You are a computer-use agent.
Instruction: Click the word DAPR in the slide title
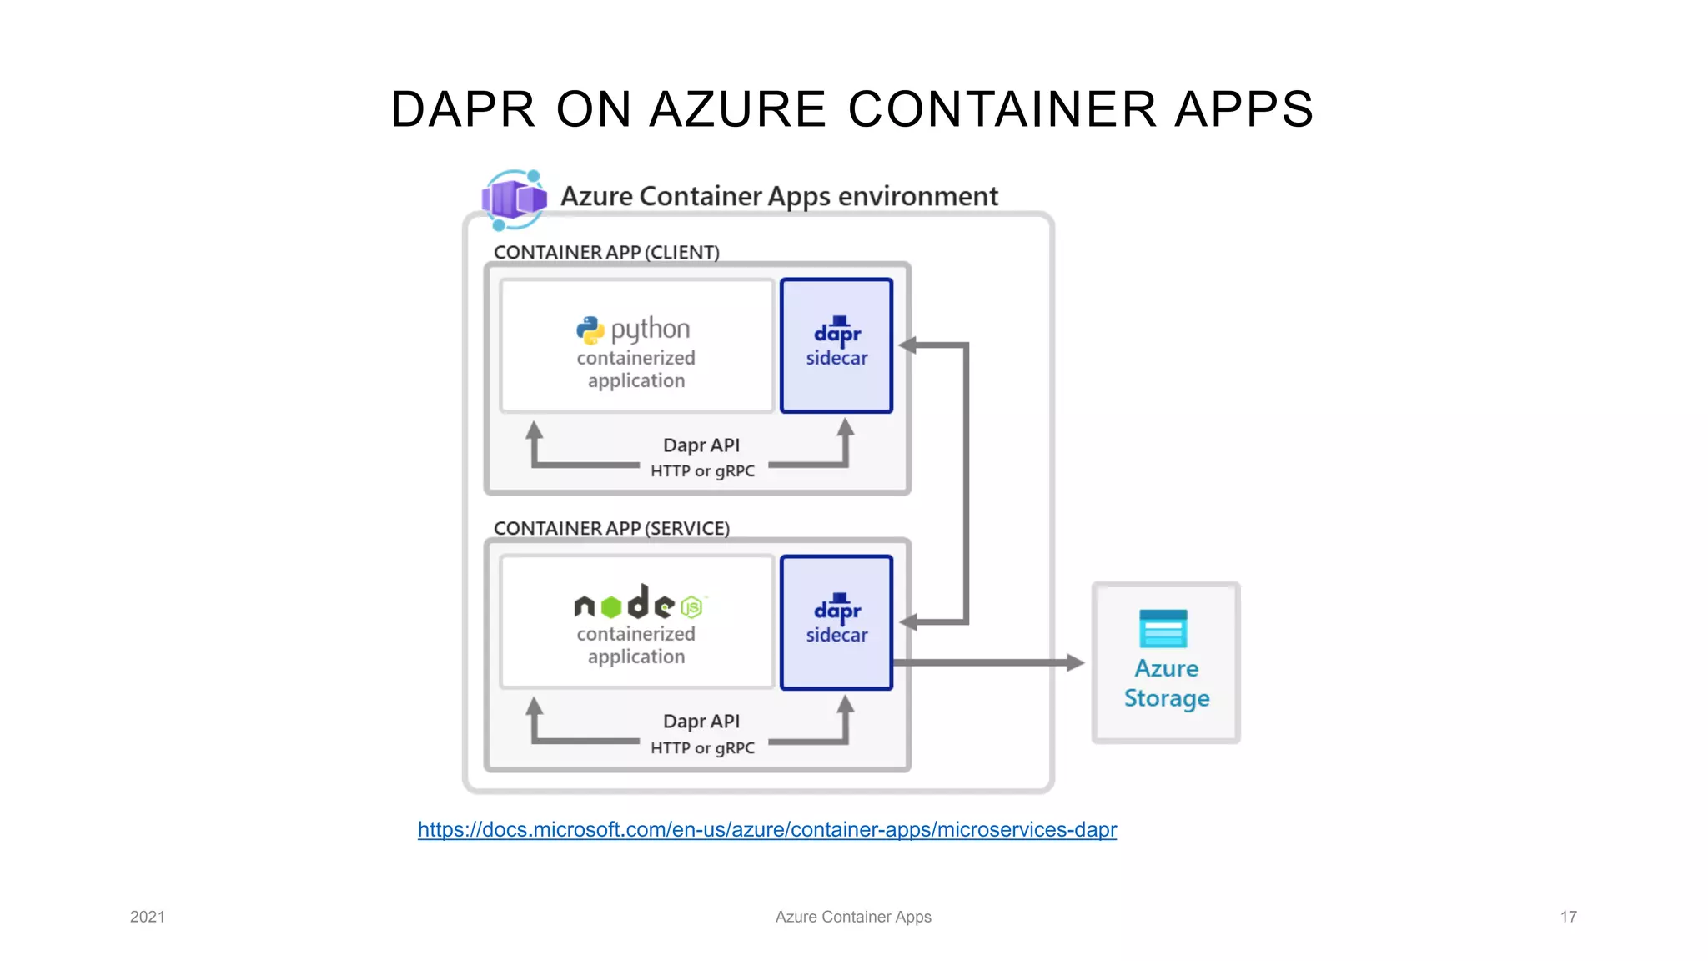pos(462,109)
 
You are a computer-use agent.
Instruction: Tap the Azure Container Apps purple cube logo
pos(514,199)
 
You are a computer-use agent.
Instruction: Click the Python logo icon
pos(590,330)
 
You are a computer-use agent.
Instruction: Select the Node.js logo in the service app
pos(639,602)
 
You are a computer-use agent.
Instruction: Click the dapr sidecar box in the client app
pos(836,345)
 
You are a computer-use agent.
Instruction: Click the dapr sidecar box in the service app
pos(836,622)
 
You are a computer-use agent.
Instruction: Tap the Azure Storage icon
pos(1163,629)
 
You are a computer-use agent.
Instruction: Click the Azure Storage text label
pos(1166,683)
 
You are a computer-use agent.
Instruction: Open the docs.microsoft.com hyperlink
pos(766,829)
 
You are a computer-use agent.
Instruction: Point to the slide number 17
pos(1568,917)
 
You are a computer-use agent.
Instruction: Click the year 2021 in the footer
pos(148,917)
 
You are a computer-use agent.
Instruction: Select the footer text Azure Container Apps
pos(853,917)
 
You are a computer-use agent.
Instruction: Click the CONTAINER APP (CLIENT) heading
pos(606,252)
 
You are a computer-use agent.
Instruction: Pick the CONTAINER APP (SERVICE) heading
pos(611,528)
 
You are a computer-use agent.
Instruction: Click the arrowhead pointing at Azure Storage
pos(1076,662)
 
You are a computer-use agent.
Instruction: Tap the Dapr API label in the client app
pos(701,445)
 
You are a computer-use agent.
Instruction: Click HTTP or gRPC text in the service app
pos(702,747)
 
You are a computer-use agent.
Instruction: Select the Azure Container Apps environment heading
pos(779,196)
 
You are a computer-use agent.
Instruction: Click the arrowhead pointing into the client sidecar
pos(908,345)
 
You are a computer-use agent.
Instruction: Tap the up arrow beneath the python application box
pos(535,431)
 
